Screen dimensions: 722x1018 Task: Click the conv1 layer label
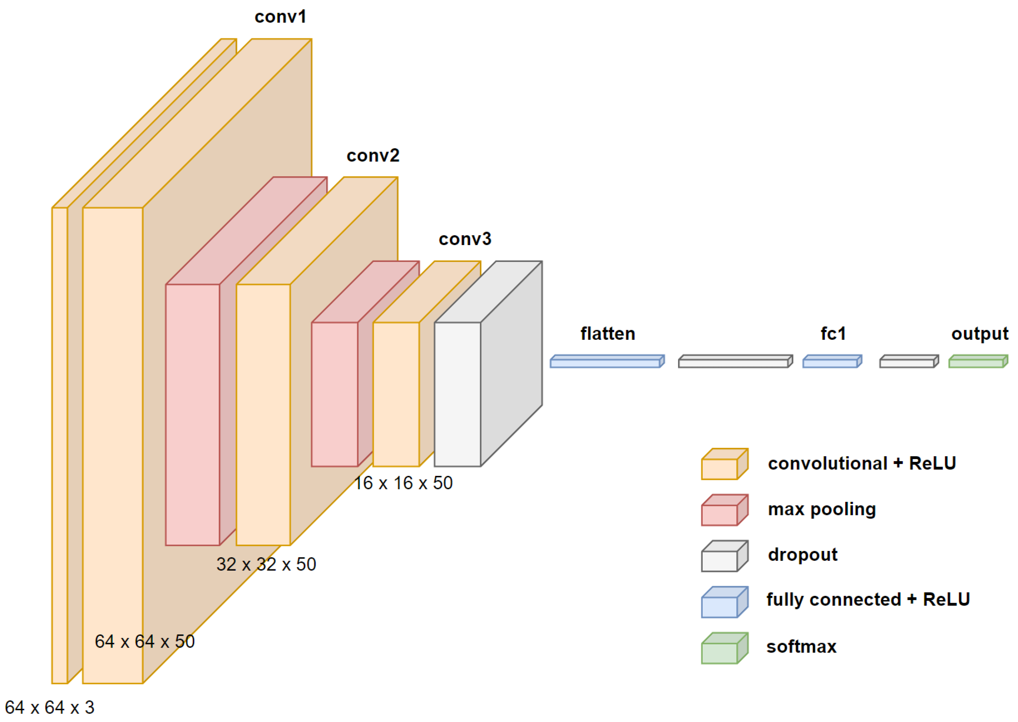280,17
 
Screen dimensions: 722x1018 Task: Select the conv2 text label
373,156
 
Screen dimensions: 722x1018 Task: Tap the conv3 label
465,239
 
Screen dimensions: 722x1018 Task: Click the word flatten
608,333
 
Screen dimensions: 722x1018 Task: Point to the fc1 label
833,333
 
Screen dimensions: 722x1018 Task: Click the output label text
980,333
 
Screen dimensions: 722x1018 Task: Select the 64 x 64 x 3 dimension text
50,707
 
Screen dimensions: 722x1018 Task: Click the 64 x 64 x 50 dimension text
145,641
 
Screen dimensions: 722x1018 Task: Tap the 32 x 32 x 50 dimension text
266,564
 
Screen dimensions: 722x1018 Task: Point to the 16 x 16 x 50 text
403,483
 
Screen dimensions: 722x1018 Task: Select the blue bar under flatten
606,362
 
